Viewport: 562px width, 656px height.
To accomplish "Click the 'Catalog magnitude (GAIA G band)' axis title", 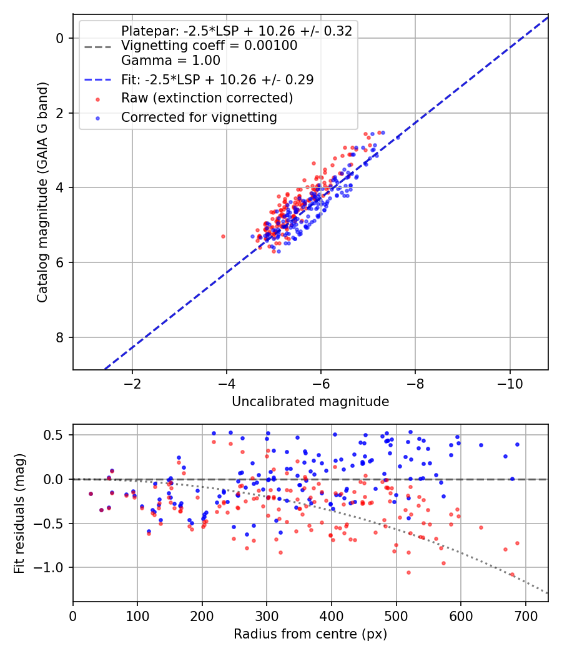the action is (x=42, y=192).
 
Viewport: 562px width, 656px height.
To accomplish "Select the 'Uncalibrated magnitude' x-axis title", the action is (x=310, y=402).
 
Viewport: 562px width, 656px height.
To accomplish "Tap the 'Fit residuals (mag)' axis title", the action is (x=19, y=514).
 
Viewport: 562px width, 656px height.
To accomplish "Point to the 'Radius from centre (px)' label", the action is (x=310, y=634).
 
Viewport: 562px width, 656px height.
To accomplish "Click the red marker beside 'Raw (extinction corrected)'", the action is (x=98, y=99).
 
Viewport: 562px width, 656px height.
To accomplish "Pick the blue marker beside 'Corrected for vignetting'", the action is (x=98, y=118).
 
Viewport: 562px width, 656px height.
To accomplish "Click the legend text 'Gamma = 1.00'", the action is (x=170, y=61).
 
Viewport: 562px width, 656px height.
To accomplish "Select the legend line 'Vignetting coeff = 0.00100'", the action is (x=209, y=46).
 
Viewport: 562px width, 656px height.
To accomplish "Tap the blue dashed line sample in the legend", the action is (x=98, y=79).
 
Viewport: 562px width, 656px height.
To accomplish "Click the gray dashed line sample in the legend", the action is (x=98, y=46).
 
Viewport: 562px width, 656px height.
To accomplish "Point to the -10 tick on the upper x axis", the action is (x=510, y=384).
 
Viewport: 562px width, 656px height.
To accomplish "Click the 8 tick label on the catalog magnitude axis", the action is (x=59, y=337).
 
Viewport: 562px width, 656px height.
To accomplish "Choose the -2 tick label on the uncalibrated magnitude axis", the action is (x=132, y=384).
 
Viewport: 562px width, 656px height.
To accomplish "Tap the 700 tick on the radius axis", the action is (x=525, y=616).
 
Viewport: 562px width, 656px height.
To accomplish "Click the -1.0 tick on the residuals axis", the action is (x=48, y=568).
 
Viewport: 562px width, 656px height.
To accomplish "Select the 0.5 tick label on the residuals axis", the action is (x=54, y=435).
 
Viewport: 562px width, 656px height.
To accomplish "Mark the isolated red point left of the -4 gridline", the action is (x=224, y=236).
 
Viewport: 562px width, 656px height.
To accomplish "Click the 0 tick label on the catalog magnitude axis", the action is (x=59, y=38).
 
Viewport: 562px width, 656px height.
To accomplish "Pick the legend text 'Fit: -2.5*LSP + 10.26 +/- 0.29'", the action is (x=217, y=79).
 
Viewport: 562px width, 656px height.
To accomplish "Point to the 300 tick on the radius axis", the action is (x=267, y=616).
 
